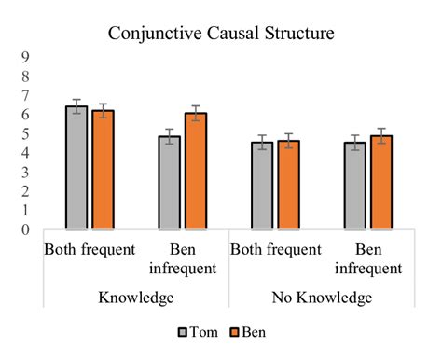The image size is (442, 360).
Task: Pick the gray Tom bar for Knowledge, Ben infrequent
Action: [x=169, y=184]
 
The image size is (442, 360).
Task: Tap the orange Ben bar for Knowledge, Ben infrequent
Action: [x=194, y=173]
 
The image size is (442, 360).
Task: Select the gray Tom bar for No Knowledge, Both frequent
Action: [x=262, y=187]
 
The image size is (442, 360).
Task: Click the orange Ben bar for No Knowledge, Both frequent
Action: [x=287, y=186]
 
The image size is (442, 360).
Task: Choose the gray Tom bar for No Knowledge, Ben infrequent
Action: [x=355, y=187]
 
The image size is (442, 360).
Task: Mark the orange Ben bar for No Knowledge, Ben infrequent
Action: [x=380, y=184]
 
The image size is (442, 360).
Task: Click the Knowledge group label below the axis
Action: [x=135, y=298]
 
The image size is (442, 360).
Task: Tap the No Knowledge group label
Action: [x=322, y=298]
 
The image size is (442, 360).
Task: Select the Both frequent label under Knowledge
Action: [x=89, y=250]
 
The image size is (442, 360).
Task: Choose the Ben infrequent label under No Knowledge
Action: [x=367, y=258]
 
